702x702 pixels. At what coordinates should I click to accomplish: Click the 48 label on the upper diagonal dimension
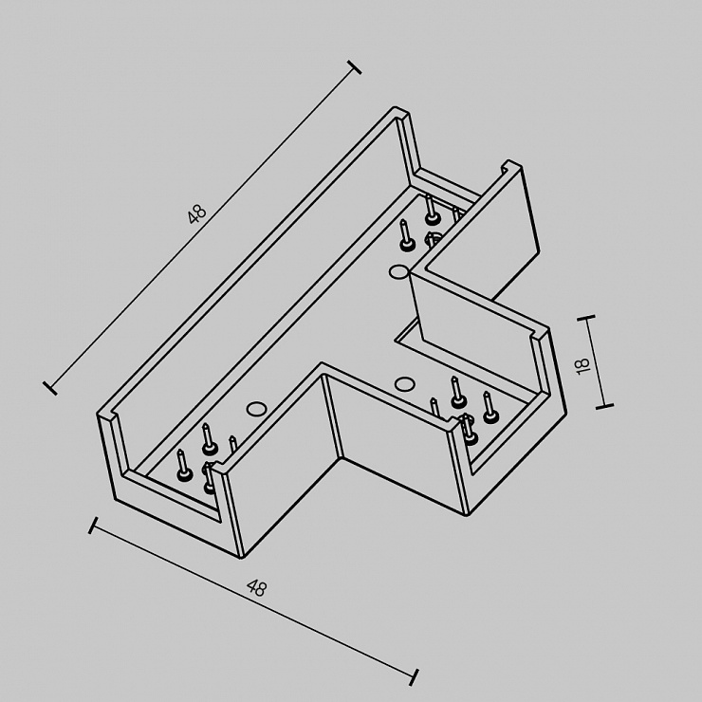coord(197,214)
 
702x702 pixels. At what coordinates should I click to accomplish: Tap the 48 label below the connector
coord(257,588)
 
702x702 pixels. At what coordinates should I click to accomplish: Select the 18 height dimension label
coord(582,365)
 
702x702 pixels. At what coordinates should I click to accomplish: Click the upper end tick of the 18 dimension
coord(586,317)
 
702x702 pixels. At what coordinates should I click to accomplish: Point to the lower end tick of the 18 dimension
coord(604,406)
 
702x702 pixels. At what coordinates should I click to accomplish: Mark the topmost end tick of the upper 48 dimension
coord(354,67)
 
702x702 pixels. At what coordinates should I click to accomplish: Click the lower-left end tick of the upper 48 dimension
coord(50,388)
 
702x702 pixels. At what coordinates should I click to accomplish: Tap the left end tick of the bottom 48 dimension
coord(93,526)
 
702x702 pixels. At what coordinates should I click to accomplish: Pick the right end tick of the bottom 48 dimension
coord(415,677)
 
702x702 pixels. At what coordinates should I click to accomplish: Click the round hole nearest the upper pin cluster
coord(398,271)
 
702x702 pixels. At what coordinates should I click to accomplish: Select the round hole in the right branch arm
coord(404,383)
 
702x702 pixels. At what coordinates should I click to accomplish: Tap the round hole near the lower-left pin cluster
coord(256,408)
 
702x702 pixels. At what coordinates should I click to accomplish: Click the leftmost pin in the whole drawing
coord(183,465)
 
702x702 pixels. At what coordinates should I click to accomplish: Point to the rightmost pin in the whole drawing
coord(489,407)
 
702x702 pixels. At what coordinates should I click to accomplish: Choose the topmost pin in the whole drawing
coord(431,209)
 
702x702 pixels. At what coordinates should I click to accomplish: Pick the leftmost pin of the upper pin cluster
coord(406,234)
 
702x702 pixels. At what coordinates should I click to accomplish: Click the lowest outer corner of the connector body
coord(242,559)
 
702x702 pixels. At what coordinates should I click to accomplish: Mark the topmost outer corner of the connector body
coord(396,107)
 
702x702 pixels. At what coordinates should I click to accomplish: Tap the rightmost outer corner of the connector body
coord(566,413)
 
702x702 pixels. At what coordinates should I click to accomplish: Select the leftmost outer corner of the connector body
coord(97,415)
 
